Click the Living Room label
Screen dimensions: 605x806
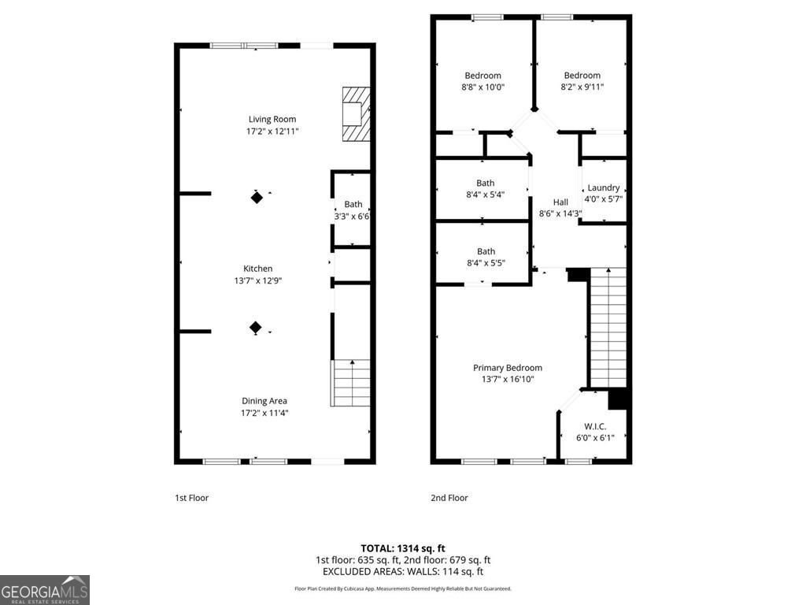(x=272, y=120)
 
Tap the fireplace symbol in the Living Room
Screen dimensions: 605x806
(x=355, y=113)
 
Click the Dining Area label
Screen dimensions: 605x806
(x=264, y=401)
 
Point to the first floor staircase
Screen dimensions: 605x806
(x=352, y=383)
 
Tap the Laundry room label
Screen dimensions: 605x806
(x=604, y=187)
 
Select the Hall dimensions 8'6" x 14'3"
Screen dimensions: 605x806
(x=560, y=213)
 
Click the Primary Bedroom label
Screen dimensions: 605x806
(x=508, y=368)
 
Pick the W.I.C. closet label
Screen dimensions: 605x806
(x=595, y=426)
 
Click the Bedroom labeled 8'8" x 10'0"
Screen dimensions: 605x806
(x=482, y=76)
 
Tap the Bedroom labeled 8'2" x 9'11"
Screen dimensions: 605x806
(x=582, y=76)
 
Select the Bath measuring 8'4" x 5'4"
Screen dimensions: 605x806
(x=486, y=184)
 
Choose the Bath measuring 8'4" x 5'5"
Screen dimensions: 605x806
(x=486, y=252)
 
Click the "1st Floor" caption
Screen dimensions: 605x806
(x=191, y=498)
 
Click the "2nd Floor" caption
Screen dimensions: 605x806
(x=449, y=498)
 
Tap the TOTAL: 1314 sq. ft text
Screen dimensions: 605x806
(x=403, y=548)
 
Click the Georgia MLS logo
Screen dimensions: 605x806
(x=45, y=590)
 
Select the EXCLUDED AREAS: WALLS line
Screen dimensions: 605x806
(x=403, y=572)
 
